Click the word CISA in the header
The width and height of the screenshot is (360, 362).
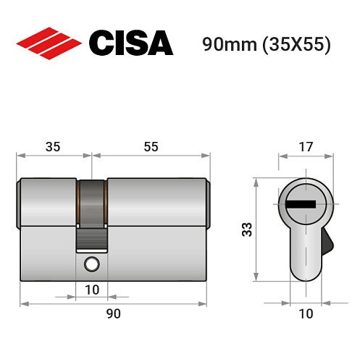[130, 43]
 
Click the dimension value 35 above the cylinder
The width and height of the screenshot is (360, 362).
[53, 146]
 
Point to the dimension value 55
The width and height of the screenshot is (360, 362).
[150, 146]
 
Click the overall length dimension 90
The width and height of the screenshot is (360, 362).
[113, 313]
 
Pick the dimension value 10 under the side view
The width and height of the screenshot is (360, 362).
[91, 290]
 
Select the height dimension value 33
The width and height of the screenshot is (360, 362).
[246, 230]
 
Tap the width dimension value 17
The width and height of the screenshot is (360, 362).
[306, 147]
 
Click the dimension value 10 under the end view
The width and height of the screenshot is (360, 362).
[306, 313]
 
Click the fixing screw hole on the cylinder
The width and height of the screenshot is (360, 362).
[91, 264]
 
